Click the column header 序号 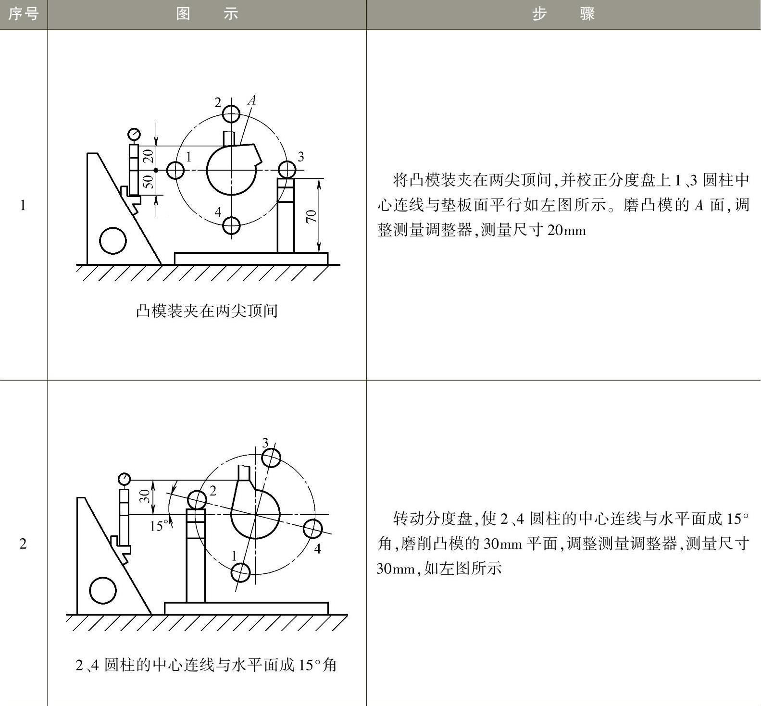(23, 14)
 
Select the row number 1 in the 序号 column (23, 205)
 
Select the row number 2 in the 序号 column (23, 544)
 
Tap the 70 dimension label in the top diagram (311, 216)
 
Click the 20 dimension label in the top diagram (148, 156)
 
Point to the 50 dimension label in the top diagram (148, 181)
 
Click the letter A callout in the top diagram (251, 100)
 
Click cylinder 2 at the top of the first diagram (231, 114)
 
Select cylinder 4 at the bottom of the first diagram (232, 225)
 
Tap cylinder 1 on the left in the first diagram (175, 170)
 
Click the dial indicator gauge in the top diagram (134, 134)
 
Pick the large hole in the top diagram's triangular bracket (113, 240)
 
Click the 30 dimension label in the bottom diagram (144, 495)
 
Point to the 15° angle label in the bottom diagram (159, 526)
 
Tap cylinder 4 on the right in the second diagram (313, 529)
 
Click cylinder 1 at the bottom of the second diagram (240, 572)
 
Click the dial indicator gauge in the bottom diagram (124, 479)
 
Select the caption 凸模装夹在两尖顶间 (207, 311)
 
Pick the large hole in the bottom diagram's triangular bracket (103, 590)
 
